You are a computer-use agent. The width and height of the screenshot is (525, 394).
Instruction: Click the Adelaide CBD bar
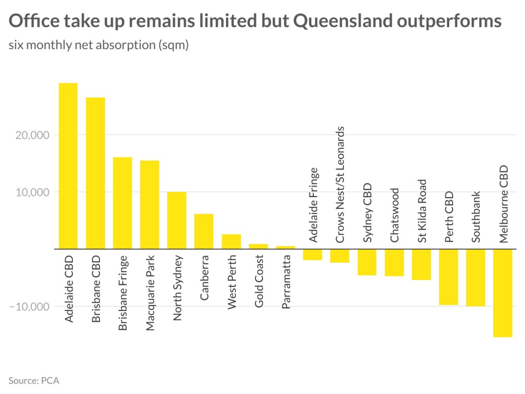tap(68, 166)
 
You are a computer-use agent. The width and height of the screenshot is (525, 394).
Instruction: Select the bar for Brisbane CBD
tap(95, 173)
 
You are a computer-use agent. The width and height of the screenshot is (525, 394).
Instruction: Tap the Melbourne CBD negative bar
tap(502, 293)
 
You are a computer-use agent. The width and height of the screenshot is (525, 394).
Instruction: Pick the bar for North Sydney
tap(176, 220)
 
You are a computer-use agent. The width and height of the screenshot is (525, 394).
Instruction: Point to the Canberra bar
tap(204, 231)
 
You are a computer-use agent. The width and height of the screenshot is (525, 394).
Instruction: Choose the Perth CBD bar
tap(448, 277)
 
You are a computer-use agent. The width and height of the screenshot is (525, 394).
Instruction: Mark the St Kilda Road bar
tap(421, 264)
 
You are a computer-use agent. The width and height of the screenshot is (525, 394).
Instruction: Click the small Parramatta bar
tap(285, 247)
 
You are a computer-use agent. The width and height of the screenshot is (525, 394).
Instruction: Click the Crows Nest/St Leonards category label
tap(339, 184)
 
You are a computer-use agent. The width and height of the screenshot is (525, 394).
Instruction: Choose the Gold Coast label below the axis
tap(258, 281)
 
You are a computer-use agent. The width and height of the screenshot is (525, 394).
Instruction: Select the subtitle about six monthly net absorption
tap(98, 45)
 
